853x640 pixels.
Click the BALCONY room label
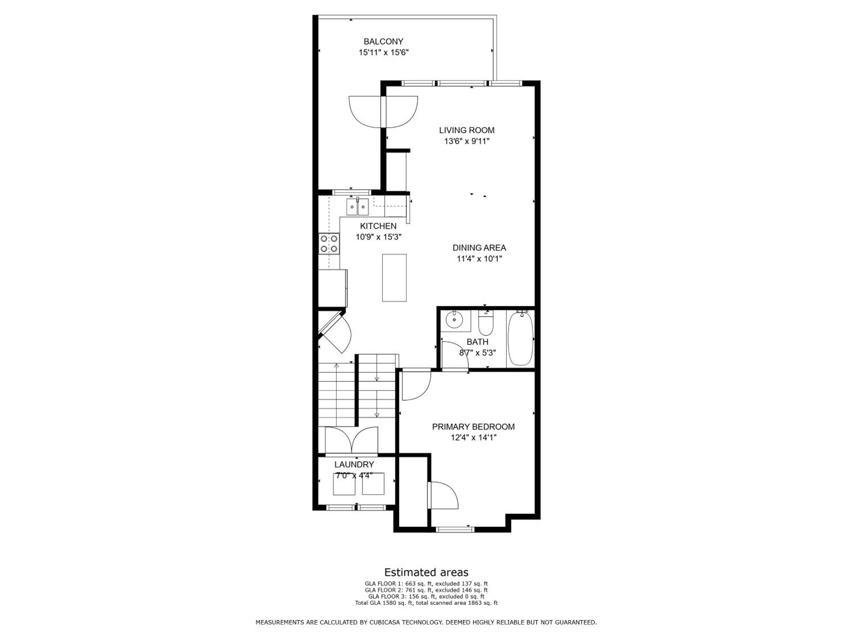point(383,41)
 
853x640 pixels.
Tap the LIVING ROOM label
point(467,130)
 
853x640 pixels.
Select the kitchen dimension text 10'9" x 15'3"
point(378,237)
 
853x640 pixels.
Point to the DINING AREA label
point(479,248)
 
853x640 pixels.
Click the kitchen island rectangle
point(394,277)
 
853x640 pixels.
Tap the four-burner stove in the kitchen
point(329,244)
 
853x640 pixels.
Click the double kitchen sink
point(357,207)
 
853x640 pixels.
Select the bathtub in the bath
point(520,338)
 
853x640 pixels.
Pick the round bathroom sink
point(454,319)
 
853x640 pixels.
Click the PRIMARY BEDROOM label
point(473,427)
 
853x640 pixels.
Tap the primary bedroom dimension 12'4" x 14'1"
point(473,437)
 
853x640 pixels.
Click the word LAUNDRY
point(354,464)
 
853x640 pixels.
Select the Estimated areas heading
point(426,572)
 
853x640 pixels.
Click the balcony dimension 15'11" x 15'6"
point(383,52)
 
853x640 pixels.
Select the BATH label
point(477,342)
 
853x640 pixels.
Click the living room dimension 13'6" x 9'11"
point(467,141)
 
